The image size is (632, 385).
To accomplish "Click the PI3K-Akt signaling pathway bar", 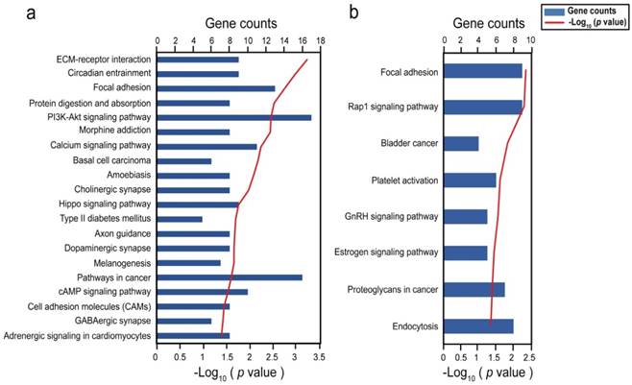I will (x=233, y=117).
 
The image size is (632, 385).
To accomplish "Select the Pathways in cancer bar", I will (x=229, y=277).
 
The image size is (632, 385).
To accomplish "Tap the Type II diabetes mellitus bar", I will (x=179, y=219).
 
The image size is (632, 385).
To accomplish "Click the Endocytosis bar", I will (x=477, y=326).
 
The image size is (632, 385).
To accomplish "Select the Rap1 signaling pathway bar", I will (x=482, y=107).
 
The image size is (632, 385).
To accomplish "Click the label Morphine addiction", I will (x=113, y=132).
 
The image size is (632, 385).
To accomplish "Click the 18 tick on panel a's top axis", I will (x=320, y=41).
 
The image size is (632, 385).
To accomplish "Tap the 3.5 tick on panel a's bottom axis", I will (x=319, y=355).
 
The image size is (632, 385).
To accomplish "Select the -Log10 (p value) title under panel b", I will (x=486, y=371).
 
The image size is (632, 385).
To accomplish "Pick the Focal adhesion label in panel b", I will (x=409, y=71).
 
